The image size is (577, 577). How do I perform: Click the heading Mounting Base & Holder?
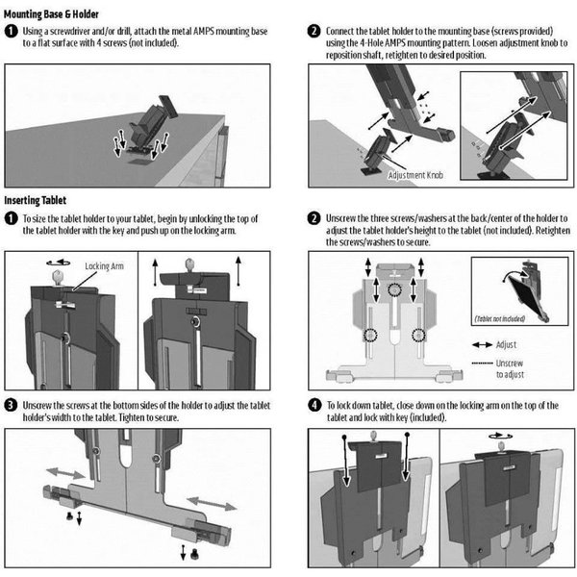pos(61,12)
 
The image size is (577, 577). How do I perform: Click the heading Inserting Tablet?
pos(36,199)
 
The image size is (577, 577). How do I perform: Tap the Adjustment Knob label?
pos(413,176)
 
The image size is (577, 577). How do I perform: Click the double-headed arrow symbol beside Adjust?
pos(482,344)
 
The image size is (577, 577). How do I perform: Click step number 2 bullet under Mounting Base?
pos(314,31)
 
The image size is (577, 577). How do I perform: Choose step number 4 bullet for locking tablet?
pos(314,405)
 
